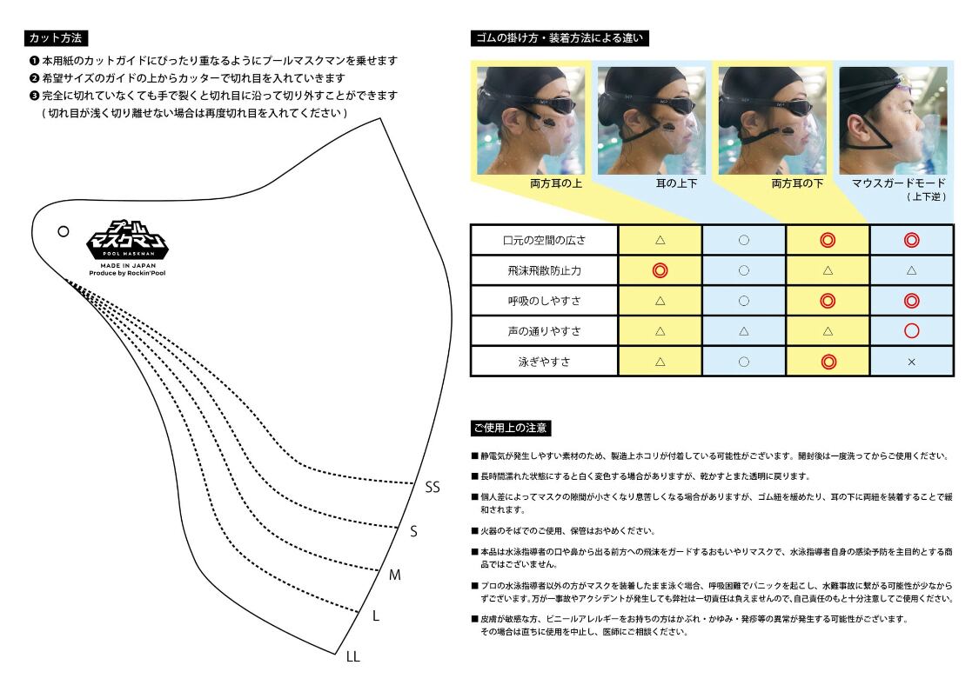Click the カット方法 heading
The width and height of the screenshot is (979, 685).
point(57,38)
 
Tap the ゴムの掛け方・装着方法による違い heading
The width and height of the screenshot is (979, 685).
point(560,38)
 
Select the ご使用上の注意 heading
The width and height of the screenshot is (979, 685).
point(510,428)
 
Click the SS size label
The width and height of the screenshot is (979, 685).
point(433,487)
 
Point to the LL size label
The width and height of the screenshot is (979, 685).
point(352,657)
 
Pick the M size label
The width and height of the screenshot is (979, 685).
point(394,575)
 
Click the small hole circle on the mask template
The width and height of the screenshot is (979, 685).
point(63,231)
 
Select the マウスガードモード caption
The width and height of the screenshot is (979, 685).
point(900,184)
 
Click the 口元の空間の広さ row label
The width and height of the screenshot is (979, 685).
point(545,240)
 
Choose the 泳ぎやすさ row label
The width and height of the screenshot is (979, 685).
point(545,362)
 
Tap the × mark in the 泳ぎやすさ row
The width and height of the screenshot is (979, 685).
point(911,362)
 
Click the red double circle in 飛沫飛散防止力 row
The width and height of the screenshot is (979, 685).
point(660,270)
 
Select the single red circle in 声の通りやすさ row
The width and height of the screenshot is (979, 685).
point(911,331)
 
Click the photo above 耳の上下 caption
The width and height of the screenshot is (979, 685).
point(652,120)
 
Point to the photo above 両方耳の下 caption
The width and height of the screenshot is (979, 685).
point(772,120)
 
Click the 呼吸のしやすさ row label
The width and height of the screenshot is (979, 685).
point(545,301)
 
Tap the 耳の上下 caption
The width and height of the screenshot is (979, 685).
point(674,184)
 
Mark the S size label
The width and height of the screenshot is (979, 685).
point(413,531)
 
